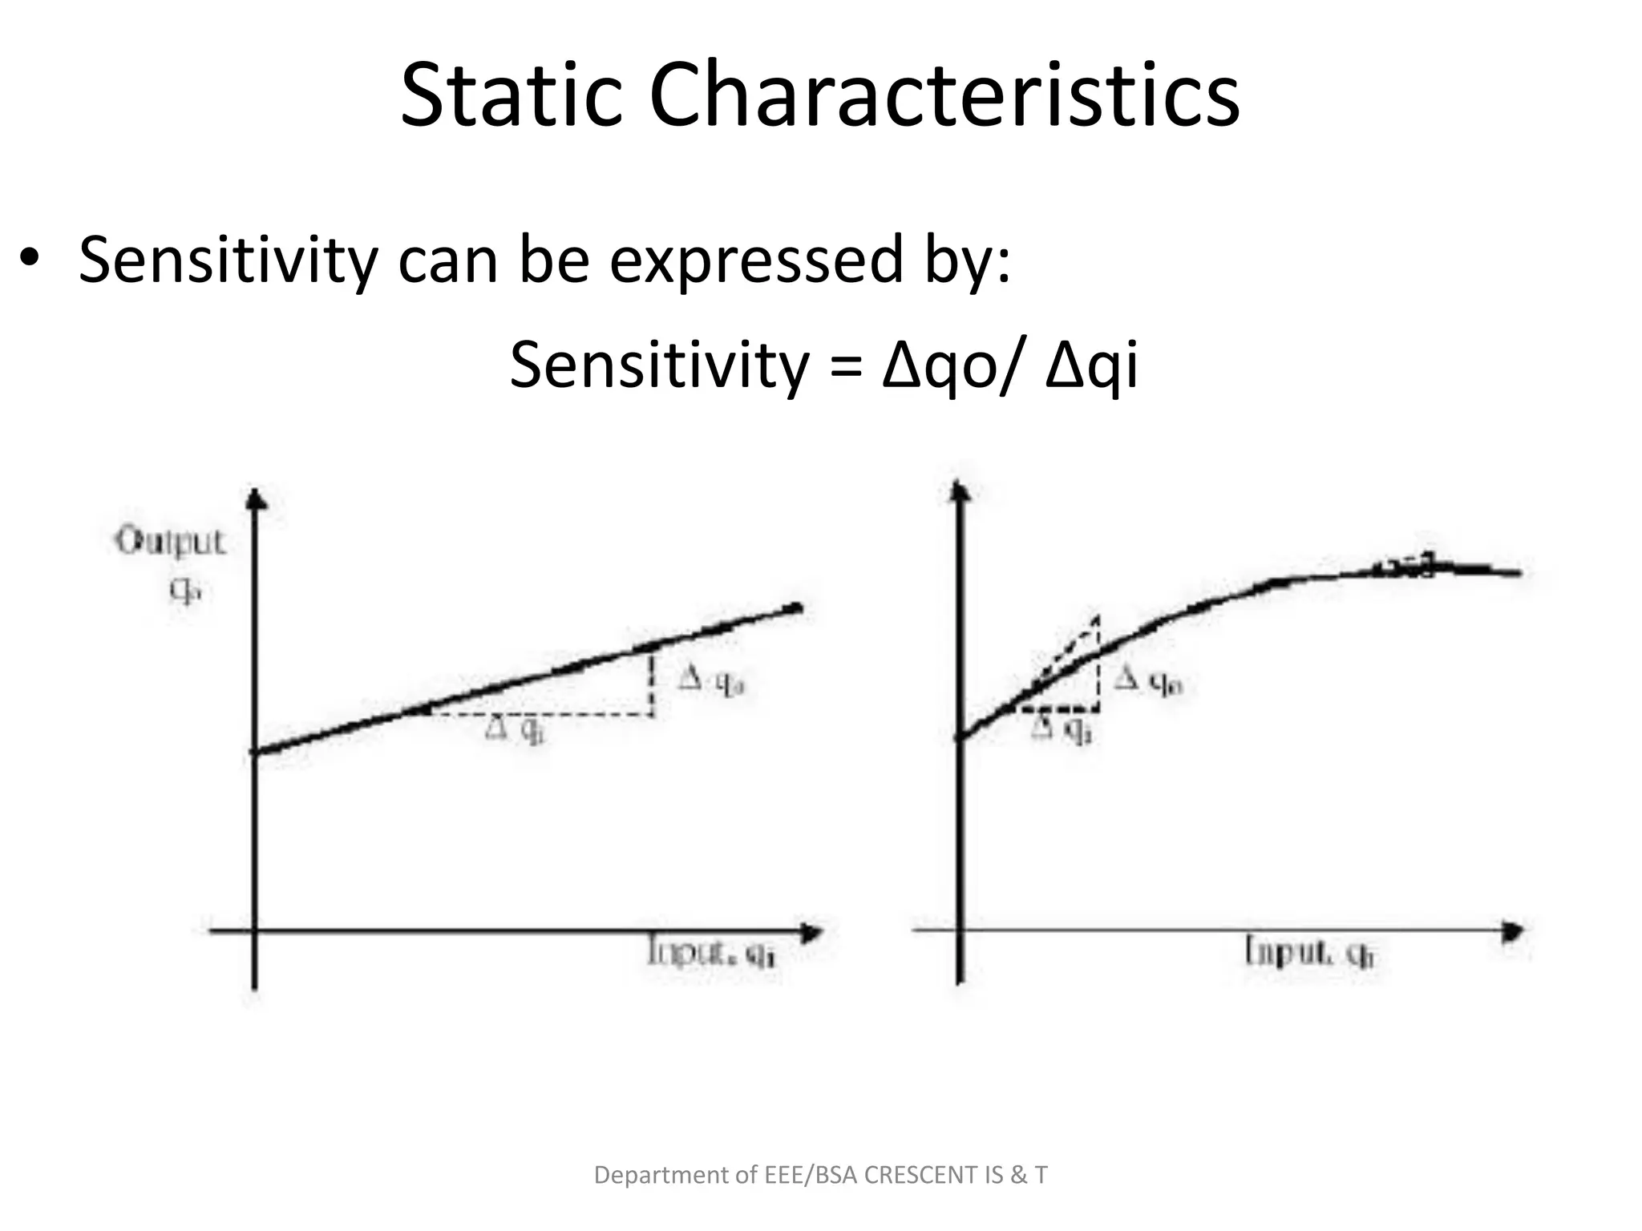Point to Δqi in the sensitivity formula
pyautogui.click(x=1091, y=365)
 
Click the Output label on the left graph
pyautogui.click(x=171, y=543)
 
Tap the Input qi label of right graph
pyautogui.click(x=1308, y=953)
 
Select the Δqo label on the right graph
pyautogui.click(x=1148, y=681)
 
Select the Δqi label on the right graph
pyautogui.click(x=1062, y=729)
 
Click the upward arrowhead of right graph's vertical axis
pyautogui.click(x=958, y=490)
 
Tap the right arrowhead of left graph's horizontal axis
pyautogui.click(x=811, y=932)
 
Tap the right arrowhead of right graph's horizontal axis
pyautogui.click(x=1512, y=931)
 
